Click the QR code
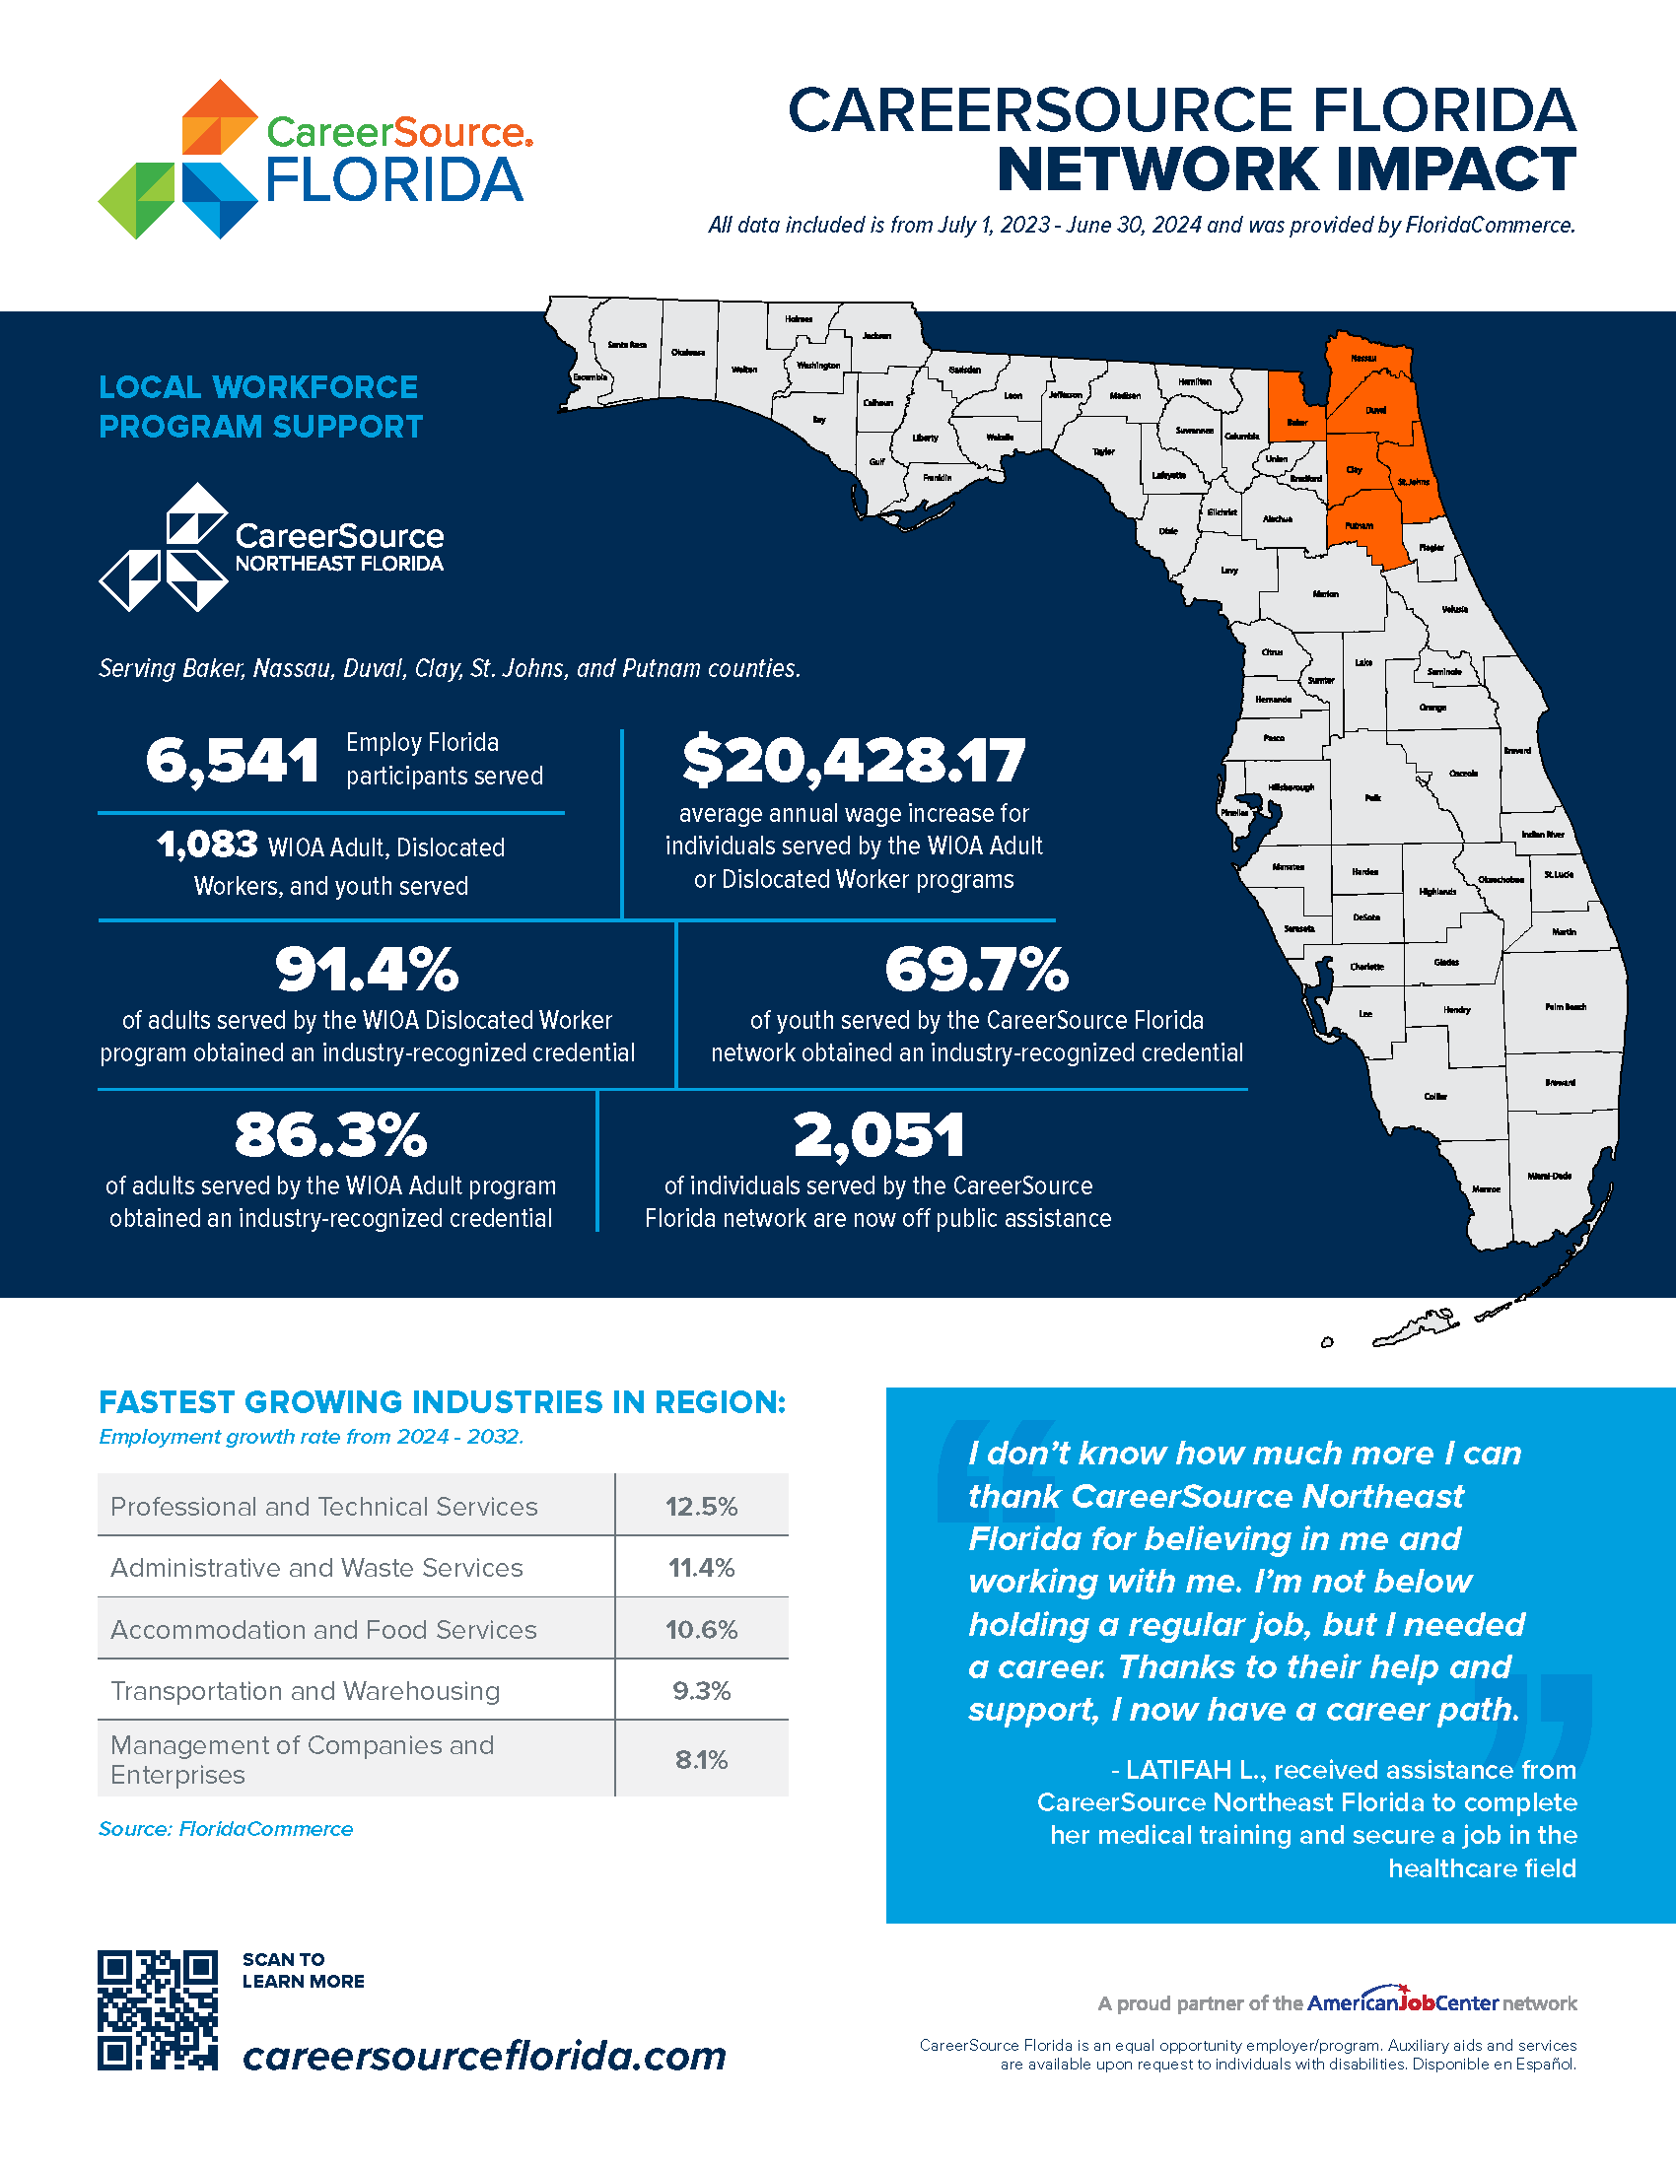[x=157, y=2009]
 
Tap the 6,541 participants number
[x=233, y=762]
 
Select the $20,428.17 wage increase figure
[x=853, y=761]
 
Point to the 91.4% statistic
[x=367, y=970]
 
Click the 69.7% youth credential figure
[x=976, y=970]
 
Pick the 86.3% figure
[x=330, y=1135]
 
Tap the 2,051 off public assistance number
[x=878, y=1135]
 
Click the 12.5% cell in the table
[x=701, y=1507]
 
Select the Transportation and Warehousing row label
[x=305, y=1690]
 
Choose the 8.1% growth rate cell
[x=701, y=1760]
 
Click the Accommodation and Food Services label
[x=322, y=1630]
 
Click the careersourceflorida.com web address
[x=484, y=2055]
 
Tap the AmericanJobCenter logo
[x=1401, y=2002]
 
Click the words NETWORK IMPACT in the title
[x=1286, y=169]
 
